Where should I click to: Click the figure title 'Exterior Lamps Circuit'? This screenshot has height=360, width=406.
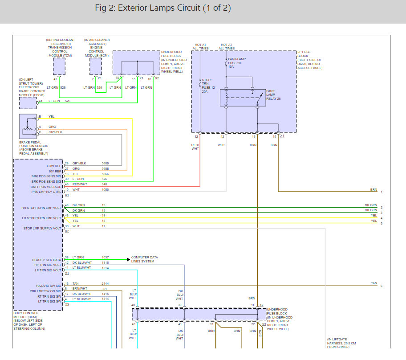click(159, 8)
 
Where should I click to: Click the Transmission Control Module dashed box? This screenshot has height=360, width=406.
click(59, 67)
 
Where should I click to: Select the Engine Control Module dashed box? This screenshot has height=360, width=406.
click(96, 67)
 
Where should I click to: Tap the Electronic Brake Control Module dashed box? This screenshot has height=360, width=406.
click(28, 103)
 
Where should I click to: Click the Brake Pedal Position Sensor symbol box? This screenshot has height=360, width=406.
click(28, 127)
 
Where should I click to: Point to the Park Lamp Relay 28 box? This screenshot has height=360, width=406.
click(243, 98)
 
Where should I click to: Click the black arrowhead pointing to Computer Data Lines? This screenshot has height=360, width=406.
click(128, 259)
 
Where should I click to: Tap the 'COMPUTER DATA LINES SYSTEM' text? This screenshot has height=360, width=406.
click(145, 259)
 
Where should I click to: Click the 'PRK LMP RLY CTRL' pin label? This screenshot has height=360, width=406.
click(46, 192)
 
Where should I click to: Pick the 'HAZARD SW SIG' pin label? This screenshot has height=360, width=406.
click(49, 286)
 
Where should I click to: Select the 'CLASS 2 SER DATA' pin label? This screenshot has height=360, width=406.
click(47, 260)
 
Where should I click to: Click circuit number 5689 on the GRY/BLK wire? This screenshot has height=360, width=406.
click(105, 163)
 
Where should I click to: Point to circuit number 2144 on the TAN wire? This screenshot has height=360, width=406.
click(105, 283)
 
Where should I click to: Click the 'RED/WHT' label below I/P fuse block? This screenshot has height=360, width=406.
click(195, 147)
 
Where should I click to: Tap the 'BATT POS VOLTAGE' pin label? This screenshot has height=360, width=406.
click(46, 187)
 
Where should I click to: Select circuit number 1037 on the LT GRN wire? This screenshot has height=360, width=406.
click(105, 258)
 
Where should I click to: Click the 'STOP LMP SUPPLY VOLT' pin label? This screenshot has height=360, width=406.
click(42, 228)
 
